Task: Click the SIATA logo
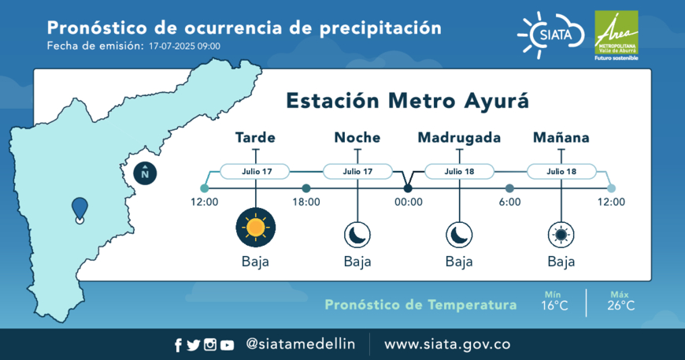click(x=551, y=35)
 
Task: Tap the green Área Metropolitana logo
click(x=616, y=35)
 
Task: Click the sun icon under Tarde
click(x=256, y=227)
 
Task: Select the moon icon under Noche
click(x=357, y=235)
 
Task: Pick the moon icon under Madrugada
click(x=459, y=235)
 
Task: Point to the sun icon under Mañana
click(x=561, y=235)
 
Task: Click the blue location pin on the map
click(x=80, y=210)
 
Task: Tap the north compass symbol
click(x=145, y=173)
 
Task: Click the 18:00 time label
click(x=306, y=202)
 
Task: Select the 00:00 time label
click(x=409, y=202)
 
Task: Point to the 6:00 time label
click(x=510, y=202)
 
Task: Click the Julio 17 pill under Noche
click(x=357, y=171)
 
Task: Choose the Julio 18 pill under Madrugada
click(x=460, y=171)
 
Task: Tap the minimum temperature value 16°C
click(x=554, y=306)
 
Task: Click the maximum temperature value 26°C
click(x=620, y=306)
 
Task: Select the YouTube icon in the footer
click(x=227, y=346)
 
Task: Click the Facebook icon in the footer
click(x=178, y=346)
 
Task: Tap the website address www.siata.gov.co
click(x=447, y=344)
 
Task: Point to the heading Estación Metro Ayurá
click(x=408, y=101)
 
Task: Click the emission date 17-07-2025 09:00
click(x=184, y=46)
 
